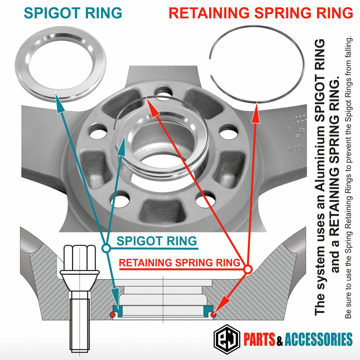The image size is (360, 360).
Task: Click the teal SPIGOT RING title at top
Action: click(73, 13)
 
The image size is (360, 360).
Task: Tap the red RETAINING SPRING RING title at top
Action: click(260, 13)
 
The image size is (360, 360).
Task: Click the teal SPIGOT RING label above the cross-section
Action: click(157, 241)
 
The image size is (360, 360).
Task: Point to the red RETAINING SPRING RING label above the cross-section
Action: click(180, 263)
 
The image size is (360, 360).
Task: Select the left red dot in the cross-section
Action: click(113, 314)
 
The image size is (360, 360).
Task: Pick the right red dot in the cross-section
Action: click(214, 314)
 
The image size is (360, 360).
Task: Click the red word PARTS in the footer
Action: click(259, 339)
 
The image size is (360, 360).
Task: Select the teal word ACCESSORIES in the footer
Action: click(318, 339)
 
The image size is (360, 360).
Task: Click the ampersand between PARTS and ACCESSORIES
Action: click(280, 340)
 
